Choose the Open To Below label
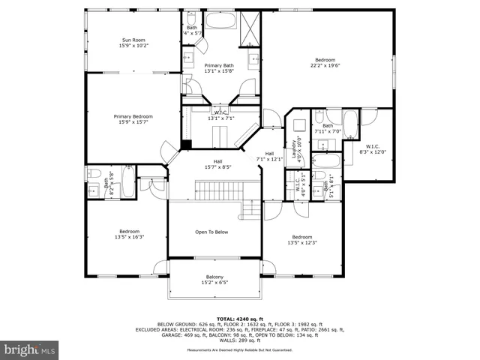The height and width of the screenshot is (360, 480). (x=211, y=232)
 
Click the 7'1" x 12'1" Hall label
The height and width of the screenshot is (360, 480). (x=269, y=159)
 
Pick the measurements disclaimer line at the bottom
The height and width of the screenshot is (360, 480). (x=239, y=350)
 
